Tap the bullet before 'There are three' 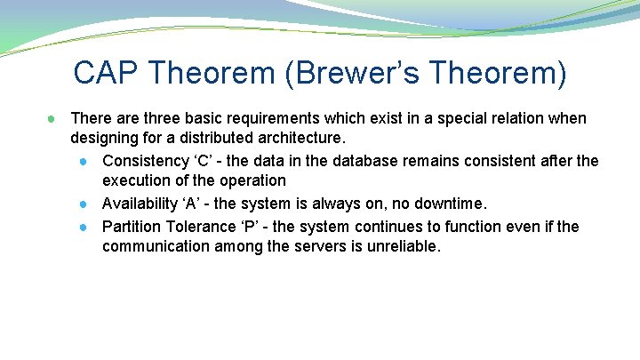[x=53, y=118]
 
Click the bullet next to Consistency [x=82, y=161]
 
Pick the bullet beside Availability [x=82, y=204]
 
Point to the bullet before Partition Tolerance [x=82, y=227]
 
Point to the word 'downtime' [x=452, y=204]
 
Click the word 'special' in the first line [x=451, y=118]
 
